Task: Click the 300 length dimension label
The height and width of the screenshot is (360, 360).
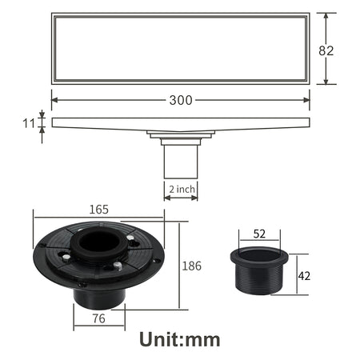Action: coord(181,100)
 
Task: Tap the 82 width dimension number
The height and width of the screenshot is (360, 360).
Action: coord(326,50)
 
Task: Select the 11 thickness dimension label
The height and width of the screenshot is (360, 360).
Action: coord(29,123)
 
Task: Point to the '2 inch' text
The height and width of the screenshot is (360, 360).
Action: coord(182,190)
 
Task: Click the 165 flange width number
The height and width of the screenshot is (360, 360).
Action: coord(98,210)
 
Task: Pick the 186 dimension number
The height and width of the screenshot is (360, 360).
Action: coord(191,266)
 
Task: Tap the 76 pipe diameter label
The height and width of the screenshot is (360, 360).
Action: coord(98,318)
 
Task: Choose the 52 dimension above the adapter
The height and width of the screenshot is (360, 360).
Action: coord(259,234)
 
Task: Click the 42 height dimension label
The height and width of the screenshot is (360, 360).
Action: coord(304,276)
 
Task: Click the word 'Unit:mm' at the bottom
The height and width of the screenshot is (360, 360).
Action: coord(180,339)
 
